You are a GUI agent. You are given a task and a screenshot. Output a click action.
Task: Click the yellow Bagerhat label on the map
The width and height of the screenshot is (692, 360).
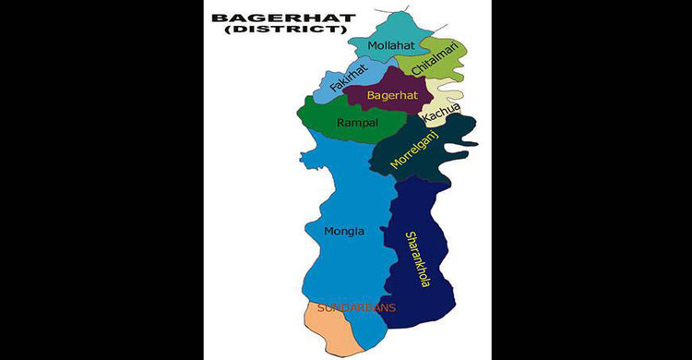coord(393,95)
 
